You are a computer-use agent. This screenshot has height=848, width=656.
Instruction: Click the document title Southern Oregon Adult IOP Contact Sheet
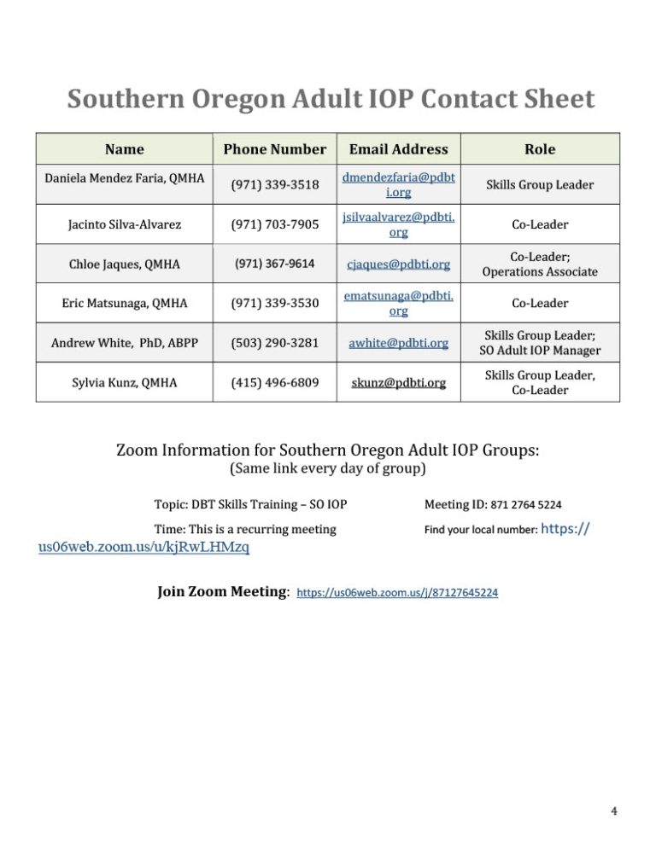tap(331, 100)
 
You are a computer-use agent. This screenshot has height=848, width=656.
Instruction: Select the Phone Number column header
tap(274, 149)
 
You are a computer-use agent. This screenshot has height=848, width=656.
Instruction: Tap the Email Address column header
tap(398, 149)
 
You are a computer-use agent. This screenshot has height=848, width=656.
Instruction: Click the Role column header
tap(539, 149)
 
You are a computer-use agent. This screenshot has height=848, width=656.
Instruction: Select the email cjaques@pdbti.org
tap(398, 264)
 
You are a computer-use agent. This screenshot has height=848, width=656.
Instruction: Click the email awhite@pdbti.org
tap(398, 342)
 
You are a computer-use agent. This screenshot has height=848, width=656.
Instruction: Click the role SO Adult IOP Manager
tap(540, 351)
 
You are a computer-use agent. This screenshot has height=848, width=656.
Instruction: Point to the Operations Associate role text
tap(540, 272)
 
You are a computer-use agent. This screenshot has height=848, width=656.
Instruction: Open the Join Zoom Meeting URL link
tap(397, 592)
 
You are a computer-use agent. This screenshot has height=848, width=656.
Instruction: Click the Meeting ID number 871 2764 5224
tap(518, 504)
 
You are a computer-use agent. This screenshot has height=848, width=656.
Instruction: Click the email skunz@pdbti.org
tap(398, 382)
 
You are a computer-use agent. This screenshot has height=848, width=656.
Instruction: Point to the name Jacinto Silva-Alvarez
tap(120, 224)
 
